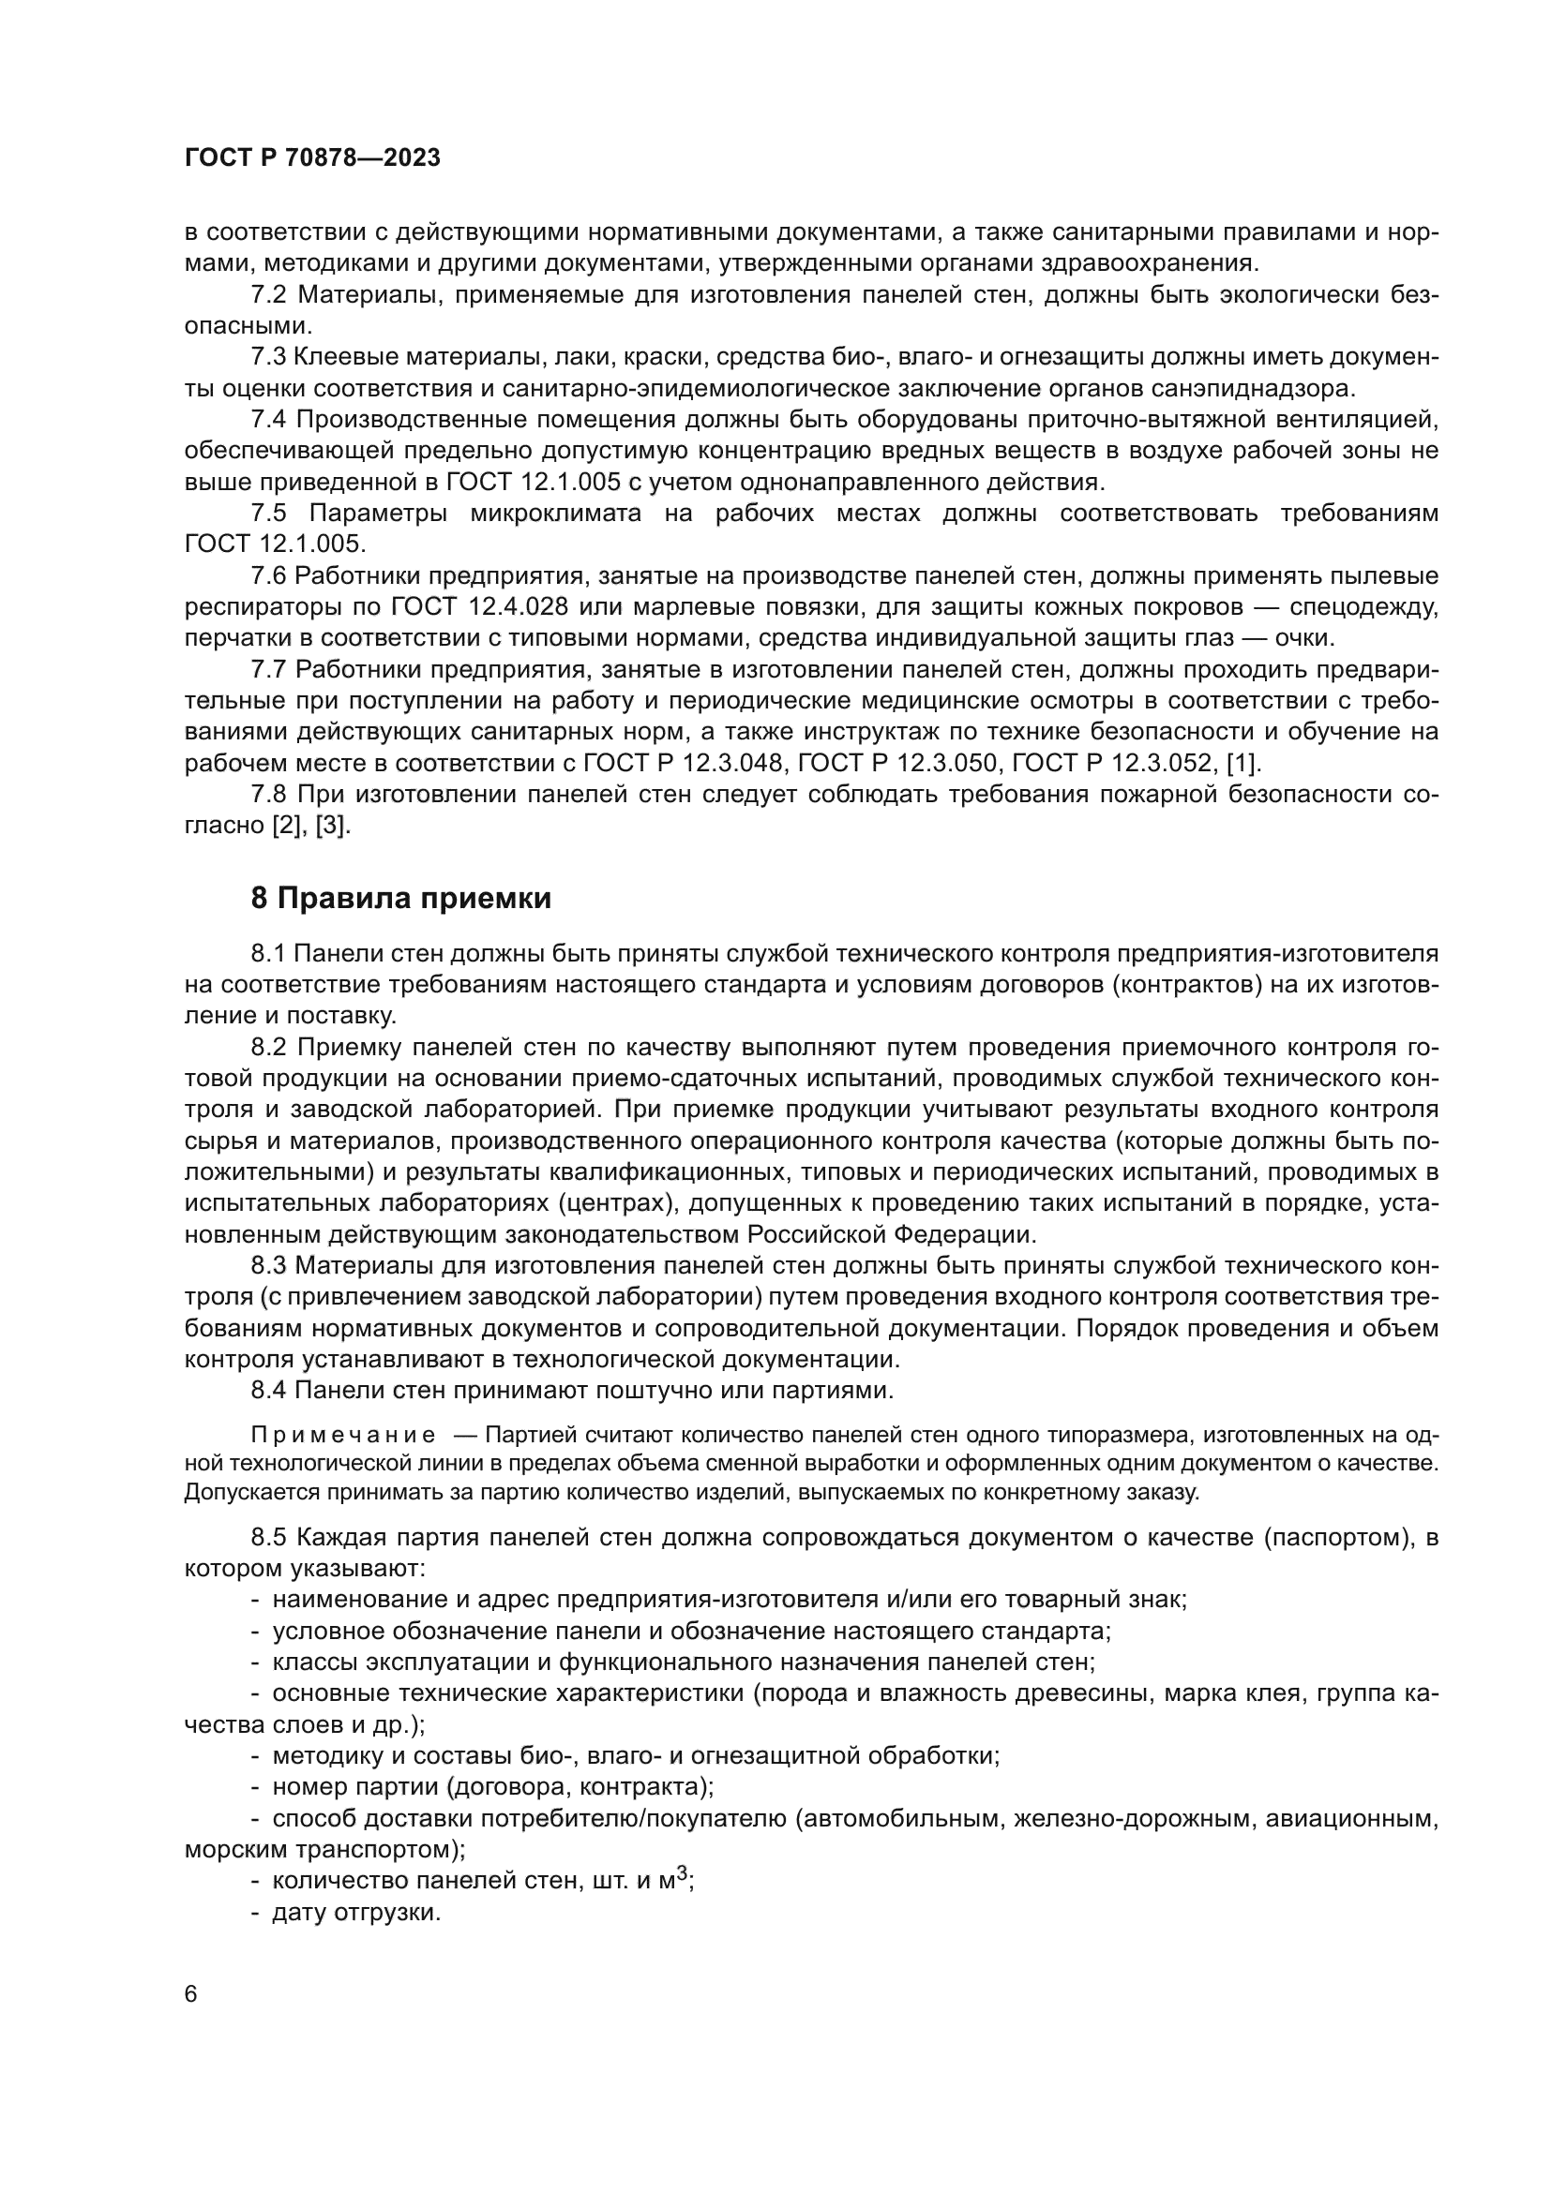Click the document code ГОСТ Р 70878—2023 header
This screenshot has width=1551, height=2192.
click(x=312, y=158)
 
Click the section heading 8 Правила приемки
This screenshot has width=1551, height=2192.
click(x=401, y=899)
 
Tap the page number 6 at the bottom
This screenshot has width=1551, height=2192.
click(x=191, y=1994)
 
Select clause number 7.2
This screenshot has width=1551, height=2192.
click(x=268, y=295)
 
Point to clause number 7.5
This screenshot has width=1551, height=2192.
click(x=268, y=514)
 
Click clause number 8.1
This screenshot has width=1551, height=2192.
click(x=268, y=953)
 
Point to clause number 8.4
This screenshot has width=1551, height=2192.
click(x=268, y=1390)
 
